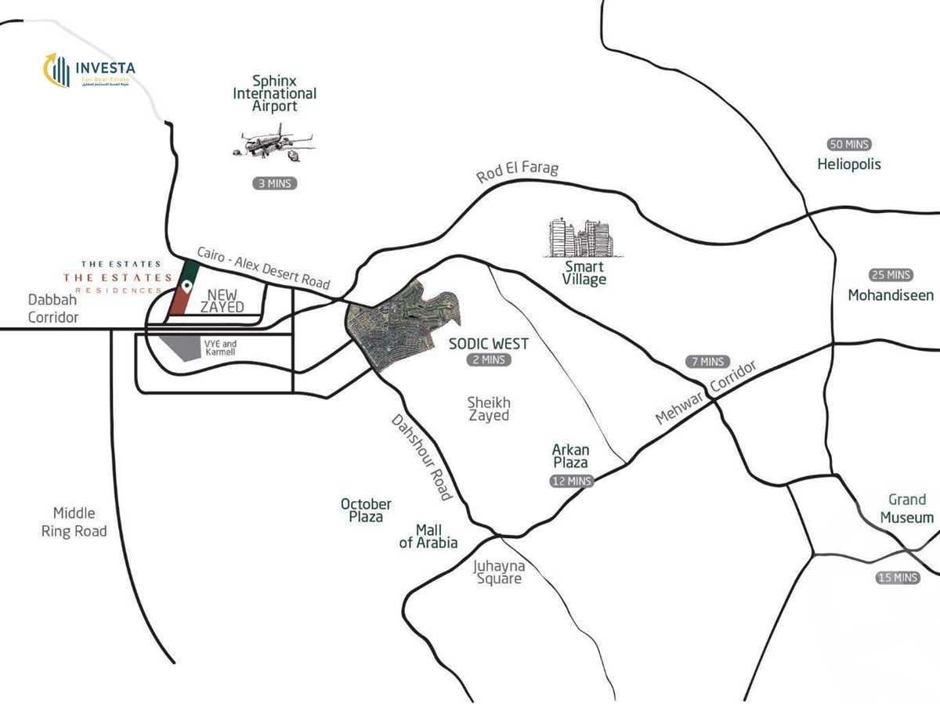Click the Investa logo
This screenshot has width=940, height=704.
coord(89,70)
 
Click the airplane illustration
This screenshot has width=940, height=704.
coord(273,144)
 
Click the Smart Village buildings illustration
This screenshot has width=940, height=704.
coord(580,238)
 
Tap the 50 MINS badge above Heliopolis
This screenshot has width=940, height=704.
coord(849,145)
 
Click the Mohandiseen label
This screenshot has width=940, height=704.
coord(891,295)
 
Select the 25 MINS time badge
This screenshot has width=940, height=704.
coord(891,275)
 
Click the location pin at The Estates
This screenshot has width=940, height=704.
coord(186,286)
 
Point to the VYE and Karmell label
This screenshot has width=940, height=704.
coord(219,348)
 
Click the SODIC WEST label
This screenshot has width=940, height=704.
coord(488,343)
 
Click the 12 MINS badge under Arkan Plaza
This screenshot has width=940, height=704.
coord(571,482)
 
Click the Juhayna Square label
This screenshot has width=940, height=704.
coord(498,572)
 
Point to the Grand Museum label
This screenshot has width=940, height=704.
coord(906,508)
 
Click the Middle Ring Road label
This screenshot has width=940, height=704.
coord(74,522)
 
